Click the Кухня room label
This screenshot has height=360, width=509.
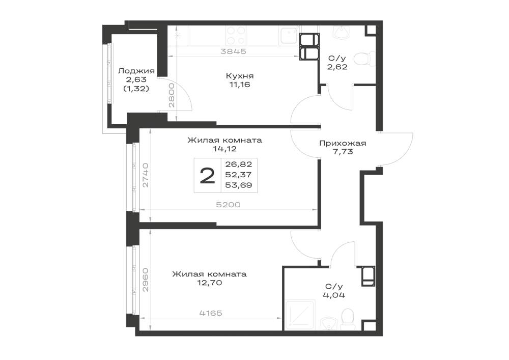coord(240,76)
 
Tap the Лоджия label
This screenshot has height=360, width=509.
coord(136,71)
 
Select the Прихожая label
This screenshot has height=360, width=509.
coord(343,143)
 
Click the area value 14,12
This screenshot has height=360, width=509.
coord(224,149)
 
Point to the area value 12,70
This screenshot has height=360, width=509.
coord(209,283)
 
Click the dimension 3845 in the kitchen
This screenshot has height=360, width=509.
coord(233,51)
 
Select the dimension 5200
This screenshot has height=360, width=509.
coord(229,205)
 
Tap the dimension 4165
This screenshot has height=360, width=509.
coord(211,313)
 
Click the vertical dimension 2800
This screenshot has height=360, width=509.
coord(172,95)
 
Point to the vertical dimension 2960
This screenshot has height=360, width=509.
coord(146,280)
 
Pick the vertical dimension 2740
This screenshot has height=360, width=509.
coord(146,175)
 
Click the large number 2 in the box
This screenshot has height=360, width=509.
coord(208,176)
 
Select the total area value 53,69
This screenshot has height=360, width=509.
coord(239,185)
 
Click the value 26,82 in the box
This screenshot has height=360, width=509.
coord(239,164)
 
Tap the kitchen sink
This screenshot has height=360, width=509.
coord(289,36)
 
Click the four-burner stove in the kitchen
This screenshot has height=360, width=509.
coord(236,36)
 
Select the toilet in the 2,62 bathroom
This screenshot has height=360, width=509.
coord(362,60)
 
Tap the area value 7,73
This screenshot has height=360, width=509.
coord(343,152)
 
